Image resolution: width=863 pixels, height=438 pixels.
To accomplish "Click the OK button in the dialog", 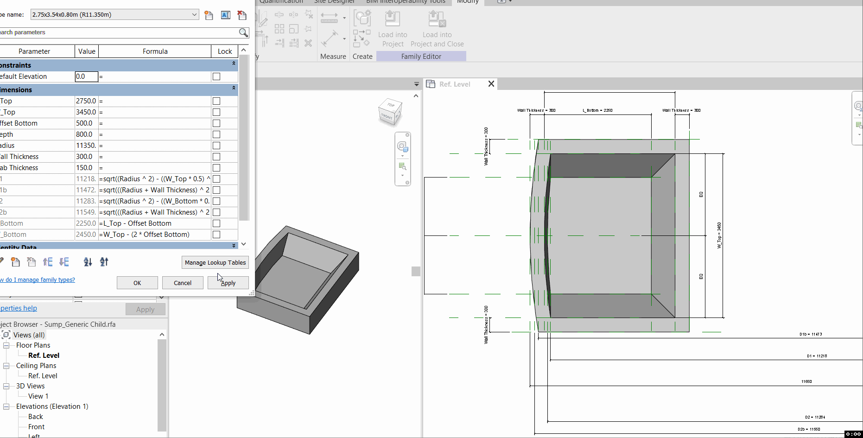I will click(137, 283).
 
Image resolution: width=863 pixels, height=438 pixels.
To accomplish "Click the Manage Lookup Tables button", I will click(215, 262).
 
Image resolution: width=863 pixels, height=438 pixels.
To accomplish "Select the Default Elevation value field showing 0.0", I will click(87, 76).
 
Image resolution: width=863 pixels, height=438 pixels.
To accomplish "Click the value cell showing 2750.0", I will click(86, 101).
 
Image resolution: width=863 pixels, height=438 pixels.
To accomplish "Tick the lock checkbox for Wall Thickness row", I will click(216, 157).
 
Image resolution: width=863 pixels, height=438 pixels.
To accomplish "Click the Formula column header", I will click(155, 51).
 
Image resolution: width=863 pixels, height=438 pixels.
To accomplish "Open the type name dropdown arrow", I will click(194, 15).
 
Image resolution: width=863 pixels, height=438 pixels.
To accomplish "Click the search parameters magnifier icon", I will click(243, 32).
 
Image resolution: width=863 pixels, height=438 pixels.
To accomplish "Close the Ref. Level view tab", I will click(491, 84).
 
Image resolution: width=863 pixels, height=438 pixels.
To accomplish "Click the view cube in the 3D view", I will click(390, 111).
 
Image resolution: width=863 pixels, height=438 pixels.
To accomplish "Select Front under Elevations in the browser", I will click(36, 427).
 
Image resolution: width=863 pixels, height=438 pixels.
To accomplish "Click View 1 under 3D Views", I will click(38, 396).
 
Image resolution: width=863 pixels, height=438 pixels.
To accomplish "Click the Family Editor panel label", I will click(421, 57).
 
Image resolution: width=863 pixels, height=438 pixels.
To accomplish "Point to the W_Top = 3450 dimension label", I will click(719, 235).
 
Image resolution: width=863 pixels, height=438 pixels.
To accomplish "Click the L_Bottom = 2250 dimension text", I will click(597, 110).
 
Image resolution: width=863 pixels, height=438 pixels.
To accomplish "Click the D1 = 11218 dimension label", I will click(817, 356).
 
